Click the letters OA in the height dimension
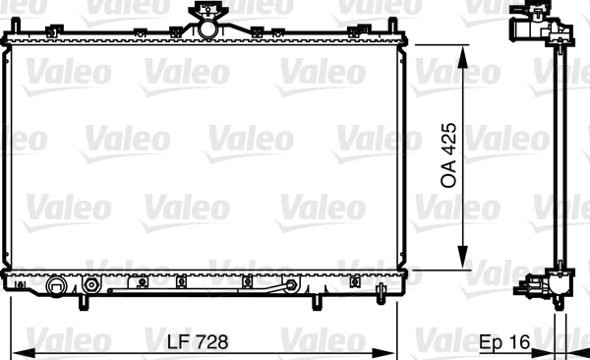coord(449,174)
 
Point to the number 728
coord(210,342)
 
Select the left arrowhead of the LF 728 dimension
coord(18,352)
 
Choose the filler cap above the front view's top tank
coord(206,11)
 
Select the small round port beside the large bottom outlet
coord(91,286)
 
